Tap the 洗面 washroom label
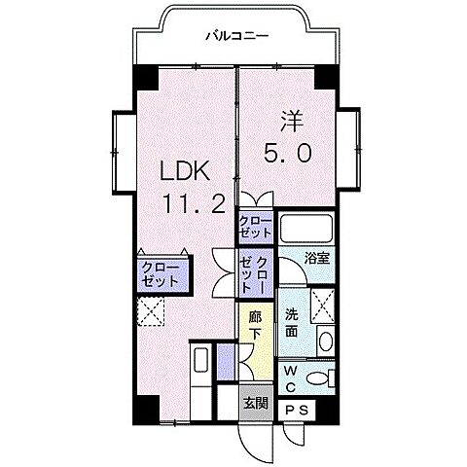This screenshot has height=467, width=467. [x=293, y=324]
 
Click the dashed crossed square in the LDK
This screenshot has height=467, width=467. [x=151, y=312]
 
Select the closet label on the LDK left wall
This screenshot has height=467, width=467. [x=161, y=273]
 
